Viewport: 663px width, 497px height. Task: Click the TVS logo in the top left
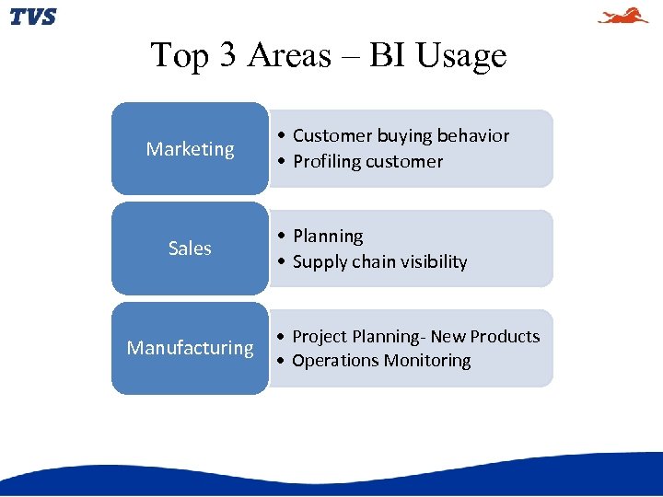[x=33, y=17]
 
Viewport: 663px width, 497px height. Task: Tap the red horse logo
[x=623, y=16]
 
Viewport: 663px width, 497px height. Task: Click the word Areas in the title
[x=289, y=56]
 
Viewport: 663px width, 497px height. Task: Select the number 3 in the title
[x=227, y=56]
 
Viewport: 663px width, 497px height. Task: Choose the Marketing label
[x=190, y=149]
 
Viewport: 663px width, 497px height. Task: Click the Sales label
[x=190, y=248]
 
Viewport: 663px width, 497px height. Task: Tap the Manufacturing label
[x=190, y=348]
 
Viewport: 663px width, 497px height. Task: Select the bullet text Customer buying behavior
[x=401, y=136]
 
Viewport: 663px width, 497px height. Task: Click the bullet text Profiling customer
[x=367, y=162]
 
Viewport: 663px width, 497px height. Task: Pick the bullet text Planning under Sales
[x=328, y=237]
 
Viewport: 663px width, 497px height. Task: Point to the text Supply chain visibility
[x=379, y=262]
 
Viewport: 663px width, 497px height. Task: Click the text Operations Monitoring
[x=381, y=361]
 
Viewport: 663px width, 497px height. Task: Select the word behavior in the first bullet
[x=473, y=136]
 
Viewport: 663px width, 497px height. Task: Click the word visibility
[x=433, y=262]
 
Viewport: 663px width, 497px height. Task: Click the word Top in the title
[x=180, y=56]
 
